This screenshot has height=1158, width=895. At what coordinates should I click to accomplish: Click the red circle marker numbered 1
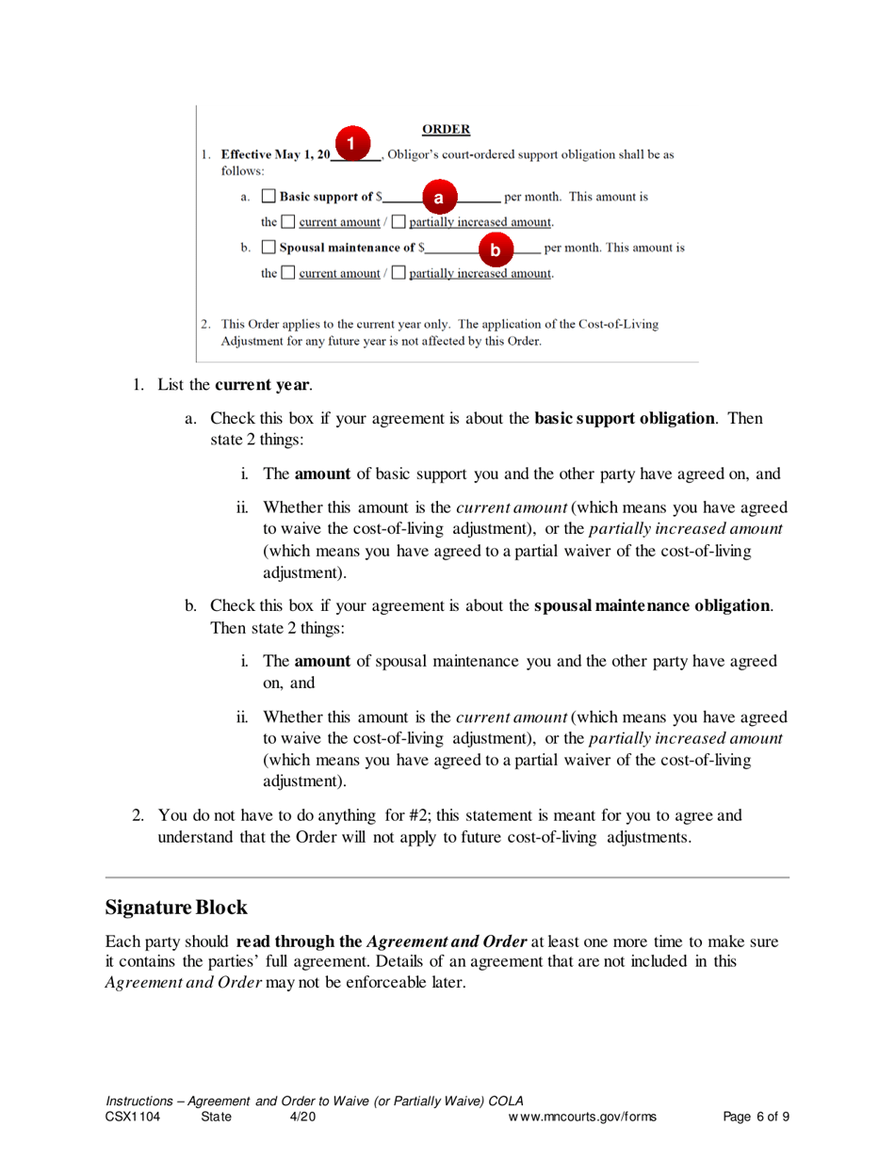350,143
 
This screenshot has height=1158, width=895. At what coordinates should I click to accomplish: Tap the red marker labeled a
438,198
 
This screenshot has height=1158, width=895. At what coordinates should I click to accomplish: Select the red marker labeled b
496,249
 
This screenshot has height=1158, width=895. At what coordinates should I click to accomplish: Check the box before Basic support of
268,198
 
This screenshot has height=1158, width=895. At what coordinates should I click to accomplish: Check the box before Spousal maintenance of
268,249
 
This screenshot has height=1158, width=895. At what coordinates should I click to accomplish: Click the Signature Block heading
176,908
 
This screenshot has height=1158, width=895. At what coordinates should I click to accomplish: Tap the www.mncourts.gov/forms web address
581,1118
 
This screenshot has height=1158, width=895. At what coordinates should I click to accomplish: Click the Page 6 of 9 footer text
757,1118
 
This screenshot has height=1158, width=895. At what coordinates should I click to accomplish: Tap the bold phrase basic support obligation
625,418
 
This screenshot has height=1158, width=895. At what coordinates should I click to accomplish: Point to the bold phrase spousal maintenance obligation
653,604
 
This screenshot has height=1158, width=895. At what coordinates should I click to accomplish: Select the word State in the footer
217,1118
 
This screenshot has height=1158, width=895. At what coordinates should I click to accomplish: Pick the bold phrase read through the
299,941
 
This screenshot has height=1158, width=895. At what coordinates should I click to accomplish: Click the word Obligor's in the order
423,154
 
